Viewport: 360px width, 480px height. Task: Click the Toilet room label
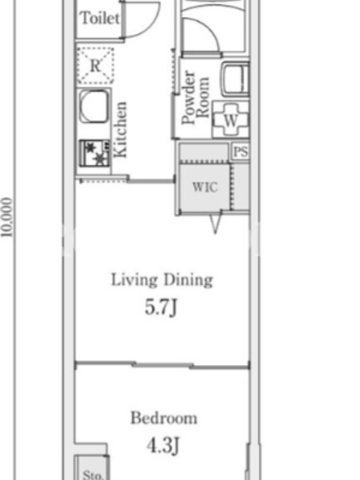coord(100,18)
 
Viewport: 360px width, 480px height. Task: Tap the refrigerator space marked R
coord(95,65)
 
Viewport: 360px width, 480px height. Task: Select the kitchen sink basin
coord(94,106)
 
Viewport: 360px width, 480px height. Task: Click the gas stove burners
coord(95,153)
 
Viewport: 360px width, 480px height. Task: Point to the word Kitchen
coord(120,130)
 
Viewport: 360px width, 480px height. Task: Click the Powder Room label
coord(196,97)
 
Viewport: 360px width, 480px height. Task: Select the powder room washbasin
coord(235,79)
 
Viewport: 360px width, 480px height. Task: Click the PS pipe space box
coord(241,151)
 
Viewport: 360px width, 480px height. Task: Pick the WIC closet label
coord(205,187)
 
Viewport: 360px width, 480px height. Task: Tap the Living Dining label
coord(161,280)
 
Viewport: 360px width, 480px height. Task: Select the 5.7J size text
coord(161,307)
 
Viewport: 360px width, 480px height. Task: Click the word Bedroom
coord(164,418)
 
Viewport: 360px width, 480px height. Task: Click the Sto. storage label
coord(92,474)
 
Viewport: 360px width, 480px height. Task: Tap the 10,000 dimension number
coord(7,217)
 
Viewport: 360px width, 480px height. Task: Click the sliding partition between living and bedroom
coord(162,365)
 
